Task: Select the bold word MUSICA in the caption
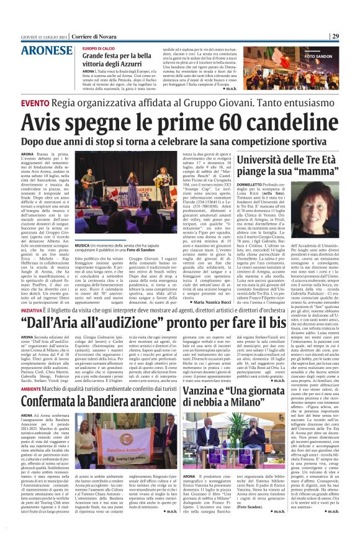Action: [x=83, y=246]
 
